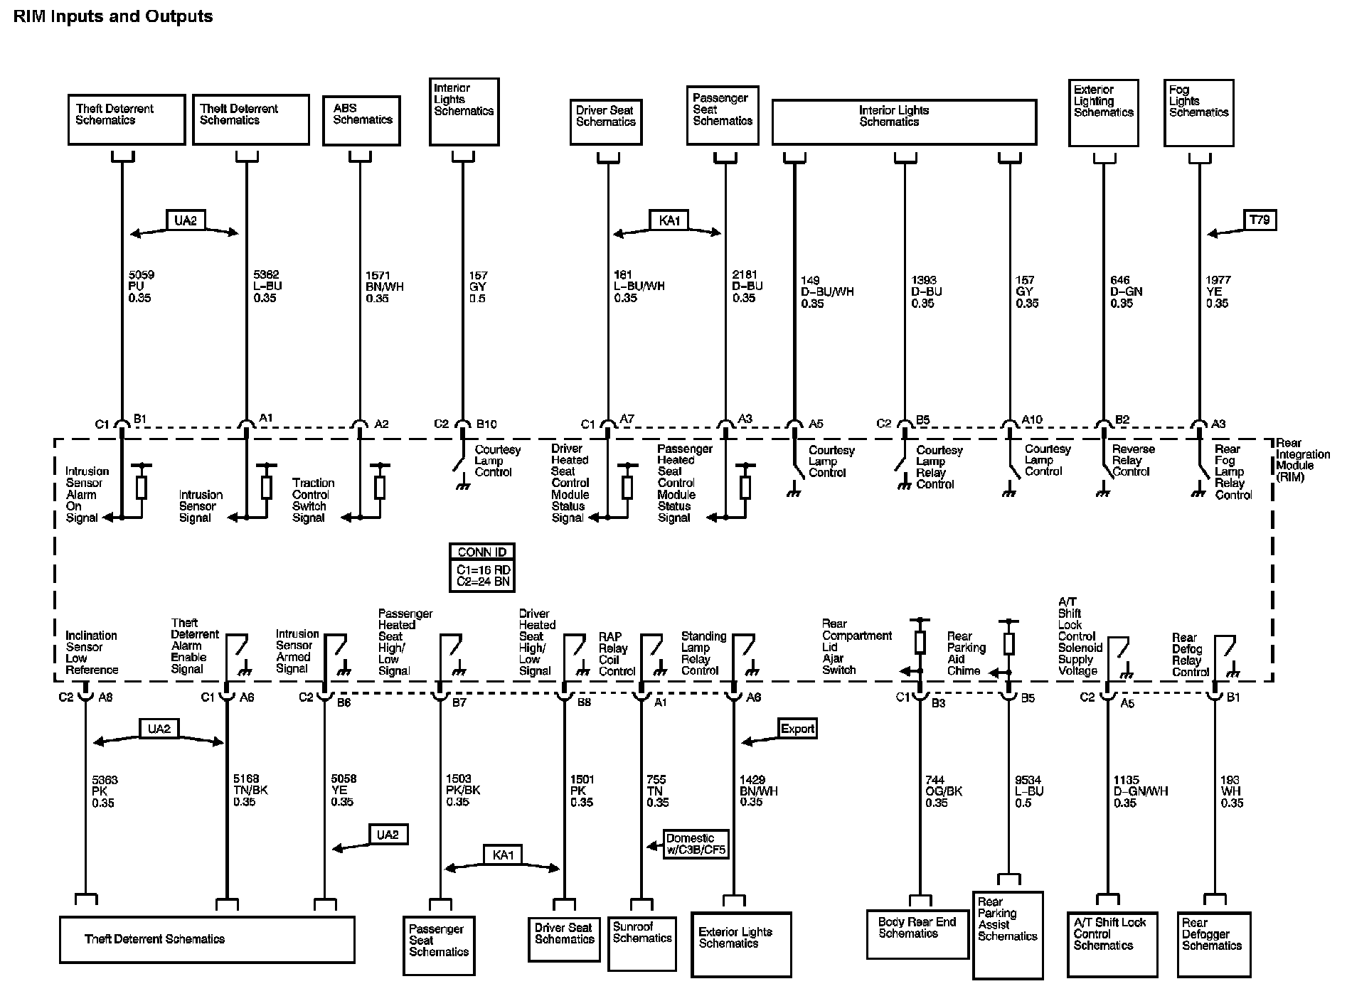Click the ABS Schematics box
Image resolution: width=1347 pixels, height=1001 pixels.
click(362, 120)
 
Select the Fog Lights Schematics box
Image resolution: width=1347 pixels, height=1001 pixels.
click(1198, 113)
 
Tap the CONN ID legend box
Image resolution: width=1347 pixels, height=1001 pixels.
click(482, 567)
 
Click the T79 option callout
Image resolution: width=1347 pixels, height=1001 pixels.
click(1259, 220)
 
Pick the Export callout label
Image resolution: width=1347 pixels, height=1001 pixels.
click(797, 729)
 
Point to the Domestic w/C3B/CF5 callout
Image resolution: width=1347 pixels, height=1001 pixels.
click(696, 844)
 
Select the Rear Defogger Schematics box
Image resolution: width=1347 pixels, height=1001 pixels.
click(1214, 943)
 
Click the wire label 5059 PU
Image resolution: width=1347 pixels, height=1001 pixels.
click(141, 287)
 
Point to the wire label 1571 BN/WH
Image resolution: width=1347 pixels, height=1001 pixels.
click(385, 287)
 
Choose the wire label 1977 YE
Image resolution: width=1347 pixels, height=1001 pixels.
click(1218, 291)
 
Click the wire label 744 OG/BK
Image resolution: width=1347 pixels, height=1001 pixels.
click(943, 791)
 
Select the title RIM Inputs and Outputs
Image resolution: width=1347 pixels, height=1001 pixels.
click(113, 16)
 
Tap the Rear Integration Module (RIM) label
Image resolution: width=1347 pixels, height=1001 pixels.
click(1302, 460)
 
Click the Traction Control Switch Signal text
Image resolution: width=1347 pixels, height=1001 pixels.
click(310, 500)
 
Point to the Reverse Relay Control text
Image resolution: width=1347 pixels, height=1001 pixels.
click(1134, 460)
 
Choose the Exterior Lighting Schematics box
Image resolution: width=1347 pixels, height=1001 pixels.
click(1103, 113)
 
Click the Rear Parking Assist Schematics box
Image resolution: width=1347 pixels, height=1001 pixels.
click(1007, 934)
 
